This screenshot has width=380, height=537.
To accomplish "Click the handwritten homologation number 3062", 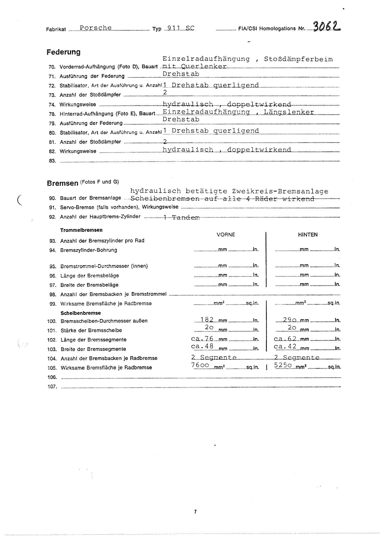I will coord(327,27).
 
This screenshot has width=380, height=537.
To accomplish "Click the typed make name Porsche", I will coord(96,28).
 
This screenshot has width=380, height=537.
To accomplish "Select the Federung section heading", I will coord(63,52).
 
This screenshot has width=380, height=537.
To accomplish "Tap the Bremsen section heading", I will coord(63,183).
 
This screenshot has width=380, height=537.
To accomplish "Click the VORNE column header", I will coord(226,235).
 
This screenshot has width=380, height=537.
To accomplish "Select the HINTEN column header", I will coord(308,235).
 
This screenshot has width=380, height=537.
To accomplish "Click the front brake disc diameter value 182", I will coord(207,320).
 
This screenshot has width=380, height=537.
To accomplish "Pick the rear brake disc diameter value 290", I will coord(289,320).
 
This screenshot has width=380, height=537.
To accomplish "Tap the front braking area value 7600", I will coord(200,365).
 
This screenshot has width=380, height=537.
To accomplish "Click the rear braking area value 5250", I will coord(283,365).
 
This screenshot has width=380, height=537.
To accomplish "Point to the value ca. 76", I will coord(202,339).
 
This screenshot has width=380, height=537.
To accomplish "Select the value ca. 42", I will coord(285,347).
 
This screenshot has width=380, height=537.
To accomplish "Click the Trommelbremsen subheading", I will coord(81,230).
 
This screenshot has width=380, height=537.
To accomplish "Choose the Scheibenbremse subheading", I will coord(81,313).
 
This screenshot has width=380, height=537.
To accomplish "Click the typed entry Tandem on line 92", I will coord(186,218).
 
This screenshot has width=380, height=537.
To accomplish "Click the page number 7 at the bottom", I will coord(195,512).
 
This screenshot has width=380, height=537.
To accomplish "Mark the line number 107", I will coord(52,387).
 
